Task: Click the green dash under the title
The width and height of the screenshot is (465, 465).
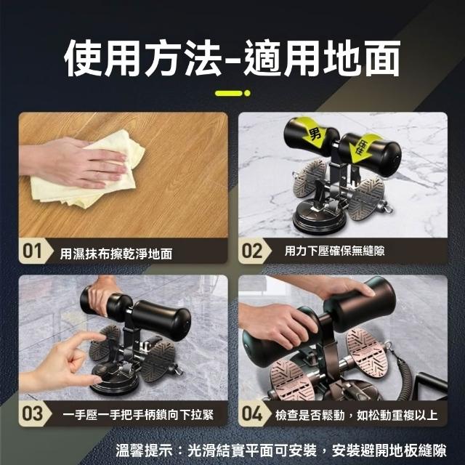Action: pos(229,93)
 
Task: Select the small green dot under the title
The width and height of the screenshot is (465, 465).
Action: pos(247,93)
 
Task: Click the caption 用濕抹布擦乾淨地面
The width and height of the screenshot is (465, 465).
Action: pos(116,254)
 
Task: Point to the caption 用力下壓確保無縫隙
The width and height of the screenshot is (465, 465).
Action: pos(334,251)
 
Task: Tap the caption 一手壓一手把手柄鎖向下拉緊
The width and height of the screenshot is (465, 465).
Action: pos(138,415)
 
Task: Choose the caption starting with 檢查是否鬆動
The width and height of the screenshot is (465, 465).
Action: pos(357,415)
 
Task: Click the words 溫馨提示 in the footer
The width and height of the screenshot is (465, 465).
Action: pos(145,450)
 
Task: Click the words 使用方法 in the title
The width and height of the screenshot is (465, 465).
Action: pos(142,58)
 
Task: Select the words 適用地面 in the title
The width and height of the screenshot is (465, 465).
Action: pos(322,58)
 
